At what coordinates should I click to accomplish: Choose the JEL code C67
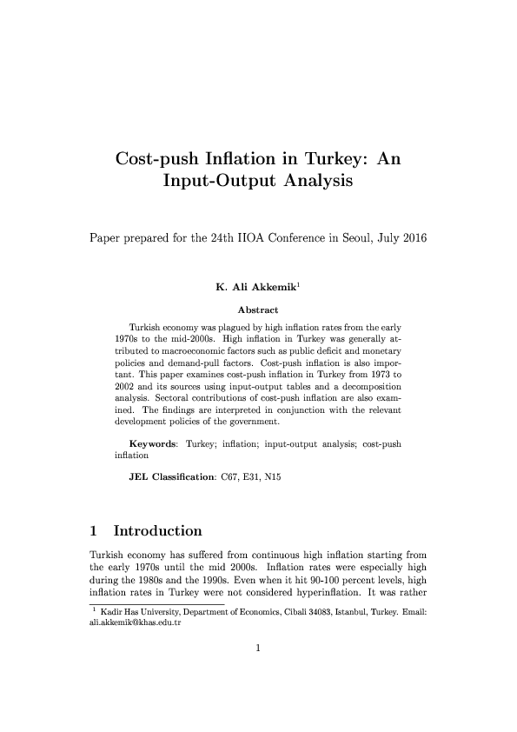pyautogui.click(x=233, y=477)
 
